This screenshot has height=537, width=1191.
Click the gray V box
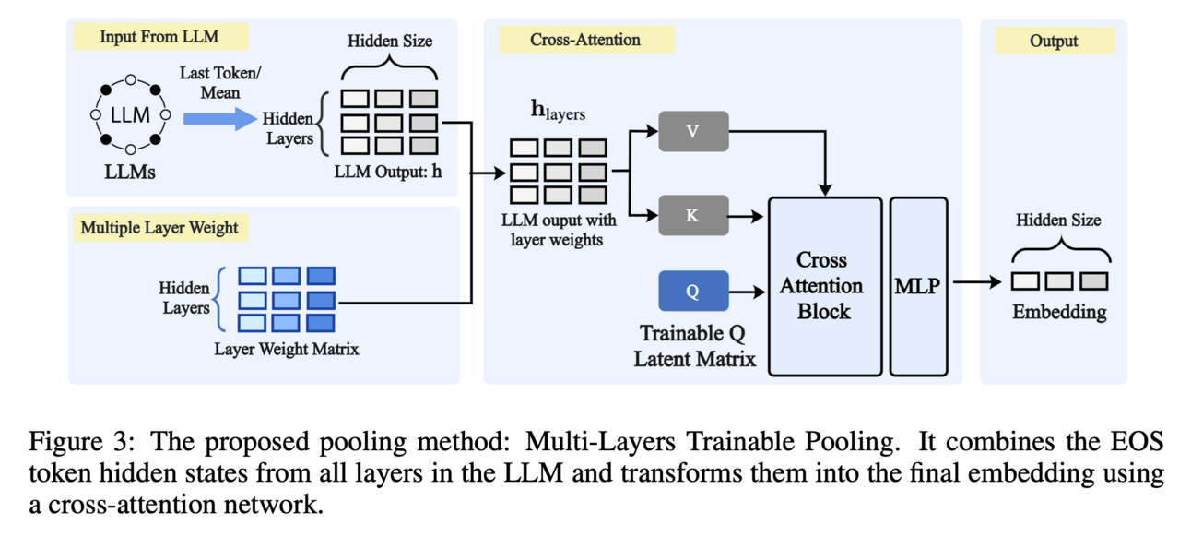pyautogui.click(x=694, y=132)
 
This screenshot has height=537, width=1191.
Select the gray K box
pyautogui.click(x=694, y=216)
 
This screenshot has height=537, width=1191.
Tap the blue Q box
pyautogui.click(x=693, y=291)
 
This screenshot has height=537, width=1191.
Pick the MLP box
pyautogui.click(x=917, y=286)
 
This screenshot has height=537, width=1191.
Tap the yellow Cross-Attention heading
pyautogui.click(x=585, y=40)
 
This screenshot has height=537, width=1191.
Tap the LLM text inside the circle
pyautogui.click(x=130, y=116)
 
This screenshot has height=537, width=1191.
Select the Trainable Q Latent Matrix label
pyautogui.click(x=694, y=345)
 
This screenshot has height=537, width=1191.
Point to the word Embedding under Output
pyautogui.click(x=1059, y=313)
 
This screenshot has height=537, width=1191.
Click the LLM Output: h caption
pyautogui.click(x=389, y=172)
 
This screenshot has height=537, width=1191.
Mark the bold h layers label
pyautogui.click(x=559, y=113)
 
